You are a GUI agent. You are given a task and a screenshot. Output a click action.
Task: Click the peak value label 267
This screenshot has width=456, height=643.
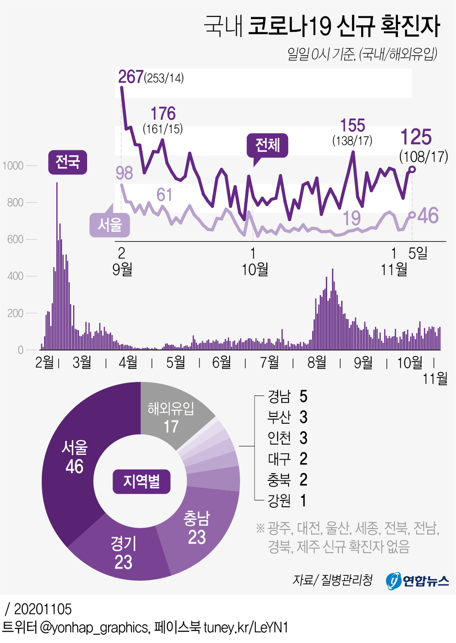point(131,77)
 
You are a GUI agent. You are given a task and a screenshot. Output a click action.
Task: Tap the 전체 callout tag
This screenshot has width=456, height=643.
point(267,145)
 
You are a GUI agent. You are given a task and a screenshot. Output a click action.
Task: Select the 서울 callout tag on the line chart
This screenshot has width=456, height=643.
point(110,225)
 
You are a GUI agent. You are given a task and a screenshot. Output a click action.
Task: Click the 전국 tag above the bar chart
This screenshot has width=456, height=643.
point(68,162)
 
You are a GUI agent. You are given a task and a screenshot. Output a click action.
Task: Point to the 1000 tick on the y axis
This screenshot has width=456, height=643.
point(13,166)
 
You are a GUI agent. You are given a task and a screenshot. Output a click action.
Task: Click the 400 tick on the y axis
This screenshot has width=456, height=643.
point(15,276)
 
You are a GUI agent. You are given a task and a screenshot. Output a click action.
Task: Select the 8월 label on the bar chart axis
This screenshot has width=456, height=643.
point(317,362)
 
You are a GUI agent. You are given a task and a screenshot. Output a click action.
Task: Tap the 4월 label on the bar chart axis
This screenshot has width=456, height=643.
point(128,362)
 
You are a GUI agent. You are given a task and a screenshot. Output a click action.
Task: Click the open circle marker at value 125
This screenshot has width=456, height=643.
point(412,169)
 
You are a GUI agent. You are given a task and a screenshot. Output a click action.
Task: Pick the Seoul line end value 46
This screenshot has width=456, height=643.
point(428,216)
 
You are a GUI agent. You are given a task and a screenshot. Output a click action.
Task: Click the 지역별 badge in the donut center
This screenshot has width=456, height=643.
point(141,481)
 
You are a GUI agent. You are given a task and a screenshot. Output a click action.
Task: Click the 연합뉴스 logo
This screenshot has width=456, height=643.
point(417,580)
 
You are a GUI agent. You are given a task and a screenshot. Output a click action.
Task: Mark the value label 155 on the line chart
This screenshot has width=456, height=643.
point(353,125)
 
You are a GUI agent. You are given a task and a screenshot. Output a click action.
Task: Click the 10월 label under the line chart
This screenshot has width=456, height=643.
point(255,270)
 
